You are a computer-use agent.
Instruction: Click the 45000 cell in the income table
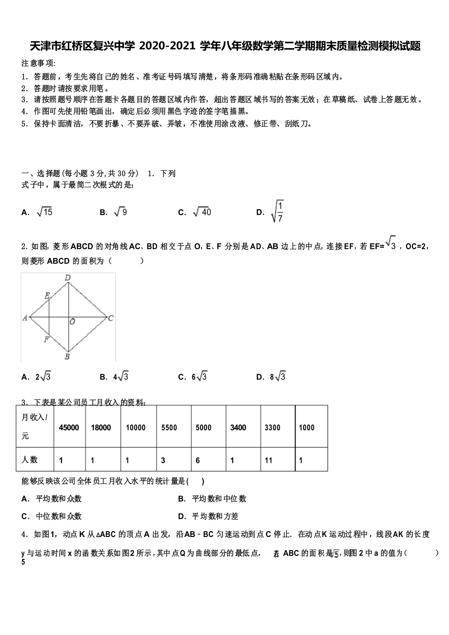pyautogui.click(x=69, y=428)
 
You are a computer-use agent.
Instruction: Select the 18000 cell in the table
pyautogui.click(x=101, y=428)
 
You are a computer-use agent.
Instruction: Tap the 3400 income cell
pyautogui.click(x=238, y=428)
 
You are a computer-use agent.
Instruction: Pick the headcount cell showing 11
pyautogui.click(x=268, y=460)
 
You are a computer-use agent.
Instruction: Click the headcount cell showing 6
pyautogui.click(x=198, y=460)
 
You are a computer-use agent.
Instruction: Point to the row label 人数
pyautogui.click(x=30, y=460)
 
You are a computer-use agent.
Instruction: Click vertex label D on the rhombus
pyautogui.click(x=68, y=278)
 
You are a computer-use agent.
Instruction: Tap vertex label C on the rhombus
pyautogui.click(x=111, y=318)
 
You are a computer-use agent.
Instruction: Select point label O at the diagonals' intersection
pyautogui.click(x=72, y=322)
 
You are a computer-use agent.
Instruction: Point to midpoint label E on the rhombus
pyautogui.click(x=47, y=296)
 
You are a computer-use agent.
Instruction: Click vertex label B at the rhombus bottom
pyautogui.click(x=67, y=357)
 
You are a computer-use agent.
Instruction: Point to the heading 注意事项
pyautogui.click(x=39, y=63)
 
